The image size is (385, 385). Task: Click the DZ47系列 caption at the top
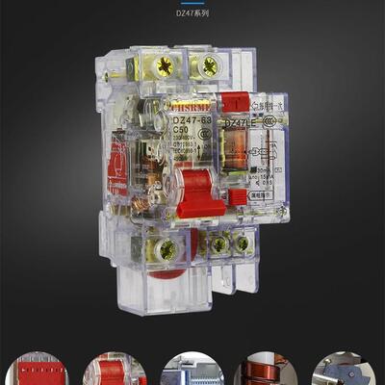click(x=192, y=14)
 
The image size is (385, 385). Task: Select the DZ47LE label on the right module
click(x=240, y=124)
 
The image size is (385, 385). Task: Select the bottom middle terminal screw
click(x=219, y=245)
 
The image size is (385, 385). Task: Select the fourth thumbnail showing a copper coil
click(x=266, y=370)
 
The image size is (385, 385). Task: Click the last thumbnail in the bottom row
click(x=345, y=370)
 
